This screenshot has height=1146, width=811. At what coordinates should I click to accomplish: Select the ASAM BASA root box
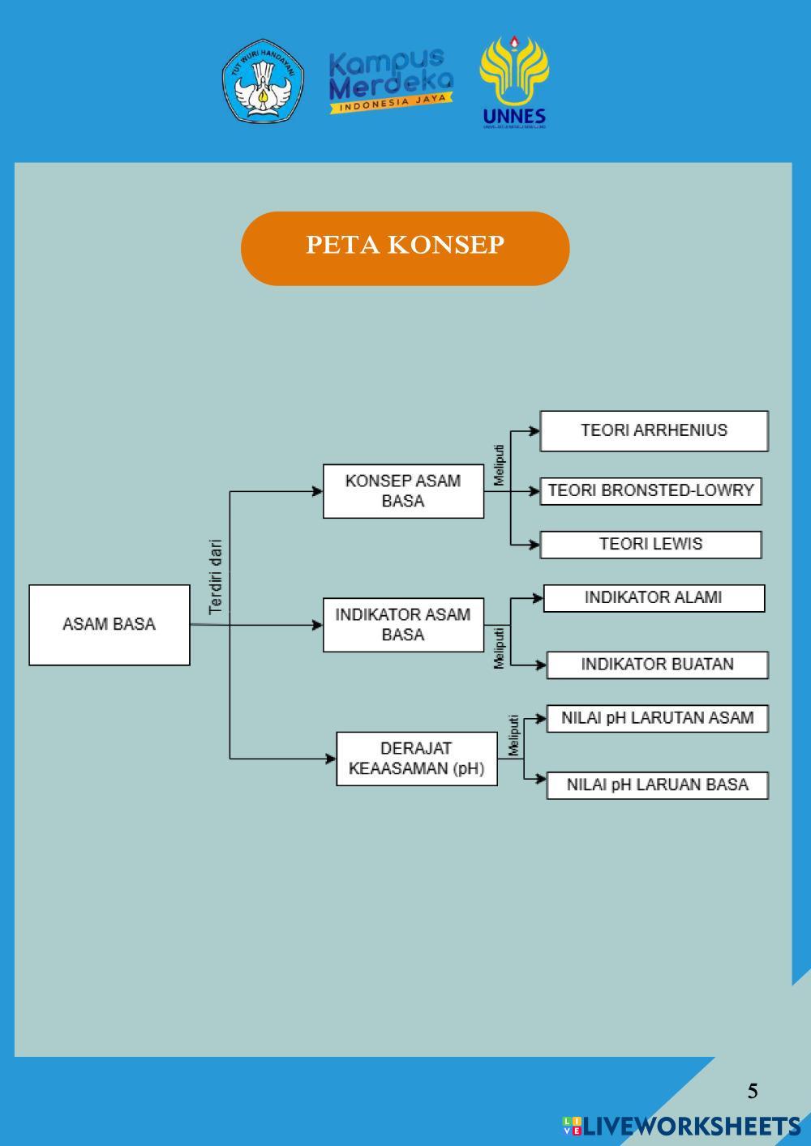coord(109,625)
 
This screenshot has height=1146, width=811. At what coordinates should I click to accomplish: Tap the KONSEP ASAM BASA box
coord(403,491)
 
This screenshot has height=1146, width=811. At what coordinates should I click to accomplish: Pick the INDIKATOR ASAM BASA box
coord(403,625)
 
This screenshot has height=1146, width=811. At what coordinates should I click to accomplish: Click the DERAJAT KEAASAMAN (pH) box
coord(416,759)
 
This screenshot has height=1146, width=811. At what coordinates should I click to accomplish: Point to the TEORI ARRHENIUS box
coord(654,430)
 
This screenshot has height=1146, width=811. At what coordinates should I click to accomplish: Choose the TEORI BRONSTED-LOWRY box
coord(650,491)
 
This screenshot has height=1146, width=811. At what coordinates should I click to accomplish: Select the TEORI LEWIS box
coord(650,545)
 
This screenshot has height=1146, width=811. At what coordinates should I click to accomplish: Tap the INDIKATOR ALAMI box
coord(654,598)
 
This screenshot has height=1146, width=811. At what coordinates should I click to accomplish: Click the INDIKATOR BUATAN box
coord(657,665)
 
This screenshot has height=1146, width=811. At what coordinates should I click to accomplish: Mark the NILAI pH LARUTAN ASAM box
coord(657,718)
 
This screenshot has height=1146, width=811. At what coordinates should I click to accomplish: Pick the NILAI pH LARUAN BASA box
coord(657,785)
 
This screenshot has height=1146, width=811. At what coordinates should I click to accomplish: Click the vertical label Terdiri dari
coord(216,577)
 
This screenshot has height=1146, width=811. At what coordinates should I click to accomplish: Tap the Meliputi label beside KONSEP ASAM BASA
coord(499,464)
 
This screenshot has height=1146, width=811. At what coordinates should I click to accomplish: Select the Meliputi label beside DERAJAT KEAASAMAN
coord(513,735)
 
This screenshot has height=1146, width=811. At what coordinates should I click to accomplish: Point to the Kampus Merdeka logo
coord(391,81)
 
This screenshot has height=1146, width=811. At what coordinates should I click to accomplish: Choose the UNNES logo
coord(514,82)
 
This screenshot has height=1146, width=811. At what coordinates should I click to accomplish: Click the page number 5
coord(753,1091)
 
